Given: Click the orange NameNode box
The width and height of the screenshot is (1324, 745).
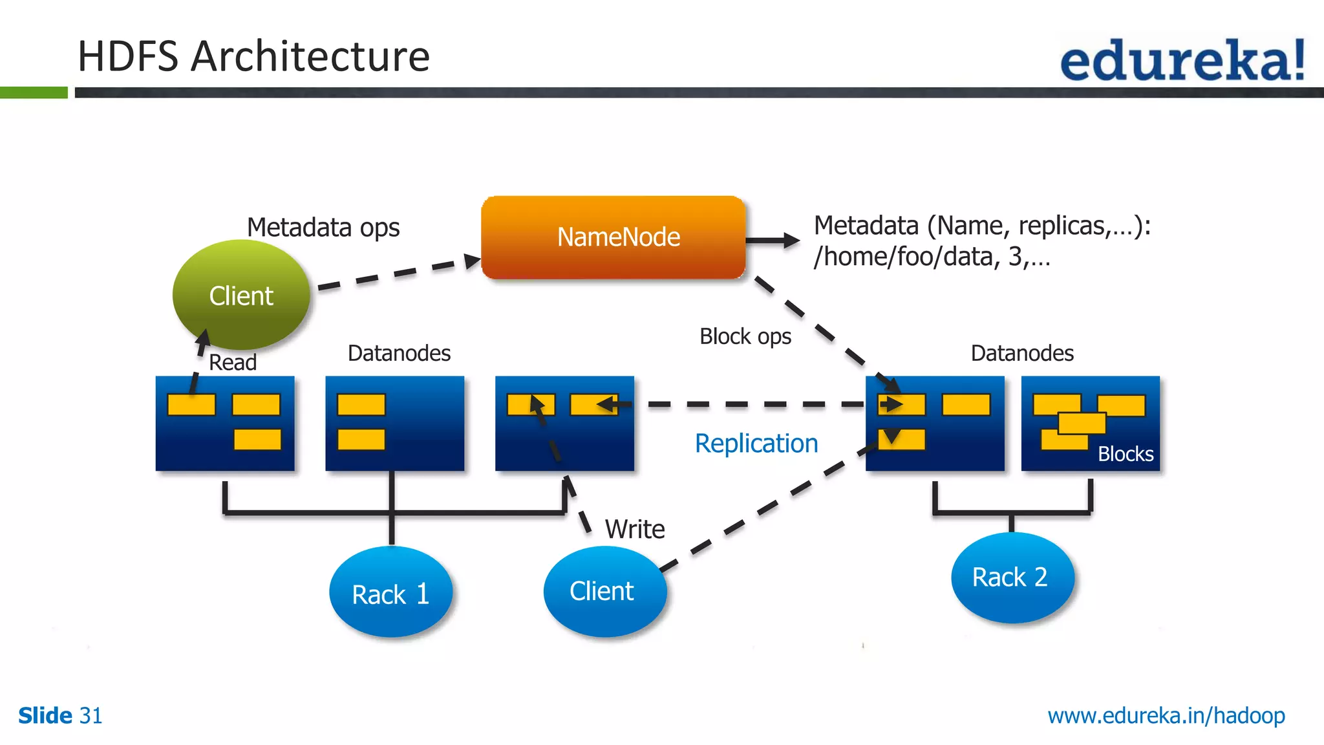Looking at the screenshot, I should [613, 237].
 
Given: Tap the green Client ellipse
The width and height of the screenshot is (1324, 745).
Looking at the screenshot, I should [241, 296].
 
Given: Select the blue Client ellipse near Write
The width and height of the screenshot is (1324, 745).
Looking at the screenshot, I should [604, 591].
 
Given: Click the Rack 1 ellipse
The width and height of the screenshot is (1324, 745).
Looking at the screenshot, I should [390, 593].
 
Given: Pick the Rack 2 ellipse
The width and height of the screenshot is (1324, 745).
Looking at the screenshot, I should [1011, 577].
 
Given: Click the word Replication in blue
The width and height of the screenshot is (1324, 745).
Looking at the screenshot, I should [756, 444].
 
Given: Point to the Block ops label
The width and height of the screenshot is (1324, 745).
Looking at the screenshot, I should [745, 336].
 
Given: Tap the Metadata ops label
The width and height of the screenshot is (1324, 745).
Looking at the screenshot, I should [323, 228].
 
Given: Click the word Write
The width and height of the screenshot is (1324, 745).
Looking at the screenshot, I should [634, 529].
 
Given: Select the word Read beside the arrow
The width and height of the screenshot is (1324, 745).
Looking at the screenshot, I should [233, 362].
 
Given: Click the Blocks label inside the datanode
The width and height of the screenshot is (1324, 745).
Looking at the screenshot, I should [1125, 454].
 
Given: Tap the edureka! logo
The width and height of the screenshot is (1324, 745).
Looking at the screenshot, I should [1182, 59].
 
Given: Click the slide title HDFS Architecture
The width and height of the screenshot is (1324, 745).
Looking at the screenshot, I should [253, 56].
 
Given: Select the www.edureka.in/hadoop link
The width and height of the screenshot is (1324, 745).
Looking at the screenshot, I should [1166, 715].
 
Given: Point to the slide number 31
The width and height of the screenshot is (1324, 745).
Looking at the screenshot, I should [91, 716].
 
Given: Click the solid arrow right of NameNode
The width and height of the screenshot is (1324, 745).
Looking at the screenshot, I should [773, 241].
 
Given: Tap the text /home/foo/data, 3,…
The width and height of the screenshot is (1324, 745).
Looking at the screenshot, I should [931, 257].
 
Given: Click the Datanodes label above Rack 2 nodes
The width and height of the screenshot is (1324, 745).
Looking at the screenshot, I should [1021, 353].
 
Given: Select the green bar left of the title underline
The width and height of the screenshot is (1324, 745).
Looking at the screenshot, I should [34, 92].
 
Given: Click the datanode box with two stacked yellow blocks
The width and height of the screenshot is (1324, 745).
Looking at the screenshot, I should [394, 424].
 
